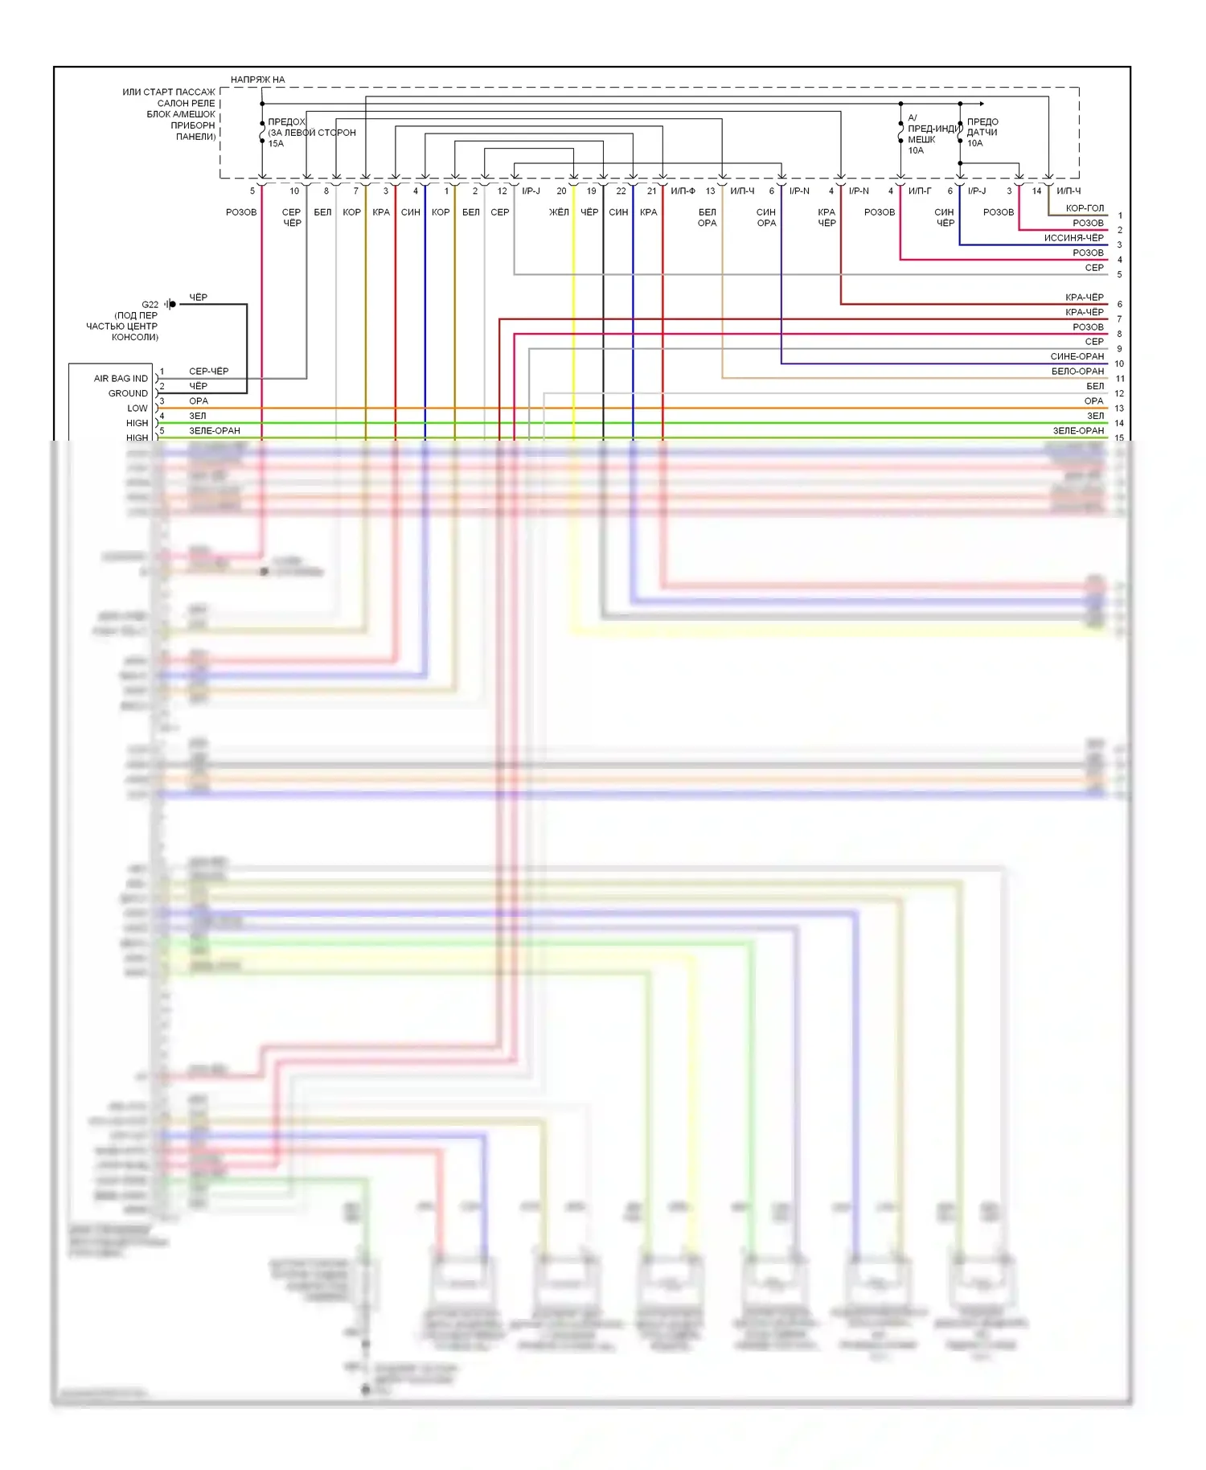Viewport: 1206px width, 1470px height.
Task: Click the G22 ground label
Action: [x=150, y=305]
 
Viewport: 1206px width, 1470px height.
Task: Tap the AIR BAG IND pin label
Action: [x=121, y=379]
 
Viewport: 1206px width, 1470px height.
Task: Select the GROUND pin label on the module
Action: [x=128, y=393]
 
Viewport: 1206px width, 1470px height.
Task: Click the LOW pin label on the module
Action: [x=137, y=409]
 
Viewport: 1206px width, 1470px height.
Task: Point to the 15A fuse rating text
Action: [x=276, y=144]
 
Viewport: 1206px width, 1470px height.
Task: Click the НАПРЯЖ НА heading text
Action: [x=257, y=80]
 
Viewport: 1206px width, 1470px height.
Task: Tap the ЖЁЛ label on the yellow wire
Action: [x=559, y=212]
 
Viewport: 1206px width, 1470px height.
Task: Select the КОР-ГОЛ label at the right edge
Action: [x=1085, y=208]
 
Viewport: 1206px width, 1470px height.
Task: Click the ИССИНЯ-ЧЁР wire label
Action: [x=1073, y=238]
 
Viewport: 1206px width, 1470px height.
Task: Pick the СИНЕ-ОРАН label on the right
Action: [x=1077, y=356]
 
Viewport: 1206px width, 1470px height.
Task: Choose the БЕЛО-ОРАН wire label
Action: [x=1077, y=372]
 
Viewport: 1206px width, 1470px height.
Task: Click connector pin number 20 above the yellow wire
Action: [x=561, y=191]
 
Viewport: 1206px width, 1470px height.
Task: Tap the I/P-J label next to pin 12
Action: [x=531, y=191]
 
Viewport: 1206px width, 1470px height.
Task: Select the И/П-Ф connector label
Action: [x=683, y=191]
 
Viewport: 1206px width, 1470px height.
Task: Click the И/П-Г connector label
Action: [x=920, y=191]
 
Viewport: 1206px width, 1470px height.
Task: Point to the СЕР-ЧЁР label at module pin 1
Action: [x=208, y=372]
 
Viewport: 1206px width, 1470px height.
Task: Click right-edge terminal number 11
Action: [x=1120, y=379]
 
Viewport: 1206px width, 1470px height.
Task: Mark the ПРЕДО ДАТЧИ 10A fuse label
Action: [x=982, y=133]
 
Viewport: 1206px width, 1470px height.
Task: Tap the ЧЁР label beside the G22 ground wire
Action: [x=198, y=298]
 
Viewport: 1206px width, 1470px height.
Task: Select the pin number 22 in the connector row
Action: [x=621, y=191]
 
